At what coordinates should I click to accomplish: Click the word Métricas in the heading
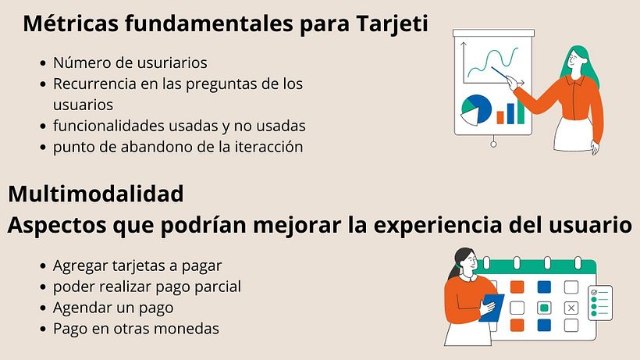[x=70, y=23]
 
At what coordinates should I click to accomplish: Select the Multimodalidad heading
[x=96, y=193]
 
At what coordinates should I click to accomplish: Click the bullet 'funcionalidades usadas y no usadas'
[x=179, y=126]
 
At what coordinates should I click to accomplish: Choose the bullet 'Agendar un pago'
[x=113, y=308]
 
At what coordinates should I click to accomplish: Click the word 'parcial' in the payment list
[x=214, y=287]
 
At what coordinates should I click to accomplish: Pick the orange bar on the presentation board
[x=500, y=116]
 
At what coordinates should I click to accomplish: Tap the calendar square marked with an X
[x=571, y=308]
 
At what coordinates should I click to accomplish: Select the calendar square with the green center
[x=544, y=307]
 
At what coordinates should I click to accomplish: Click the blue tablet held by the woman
[x=491, y=308]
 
